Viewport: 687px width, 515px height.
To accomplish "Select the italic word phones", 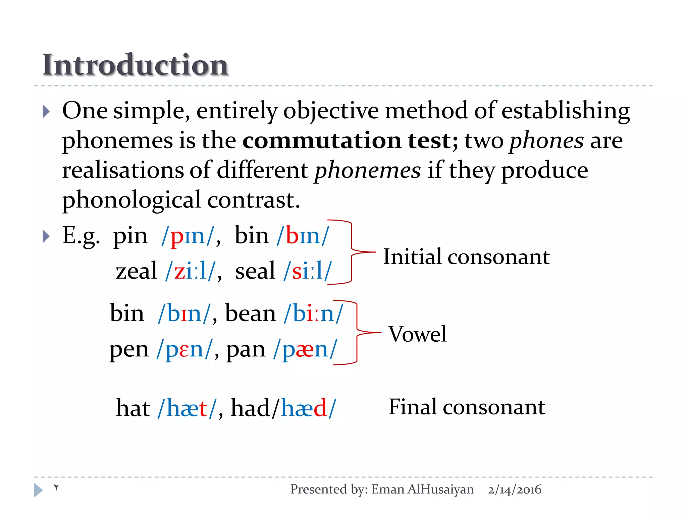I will click(x=546, y=140).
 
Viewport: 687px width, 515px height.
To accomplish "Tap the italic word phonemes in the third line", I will click(x=367, y=170).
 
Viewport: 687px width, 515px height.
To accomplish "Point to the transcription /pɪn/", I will click(x=188, y=236).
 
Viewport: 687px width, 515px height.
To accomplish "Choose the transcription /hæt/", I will click(x=187, y=408).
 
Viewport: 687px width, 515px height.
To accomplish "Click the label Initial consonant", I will click(x=466, y=257).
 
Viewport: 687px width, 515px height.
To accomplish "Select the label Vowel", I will click(x=418, y=334).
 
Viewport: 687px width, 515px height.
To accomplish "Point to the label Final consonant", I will click(x=467, y=407).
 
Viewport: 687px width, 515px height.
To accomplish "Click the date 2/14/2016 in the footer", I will click(x=515, y=490).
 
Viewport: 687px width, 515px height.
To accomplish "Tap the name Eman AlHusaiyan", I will click(x=423, y=490).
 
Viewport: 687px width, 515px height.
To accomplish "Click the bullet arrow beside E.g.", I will click(x=46, y=237).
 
